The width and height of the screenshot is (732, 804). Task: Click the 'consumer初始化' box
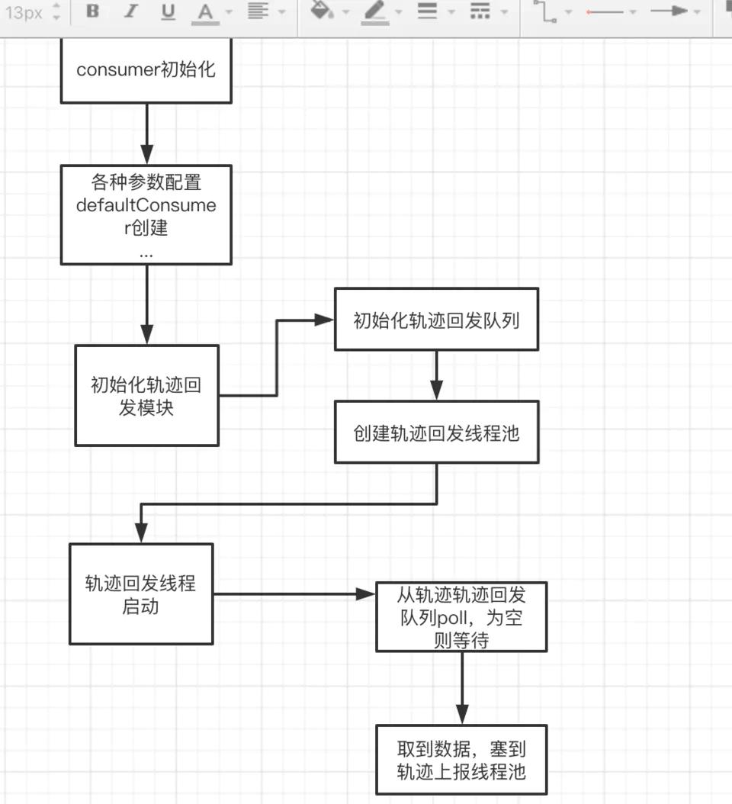pos(146,71)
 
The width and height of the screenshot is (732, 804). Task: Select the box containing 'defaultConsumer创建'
pos(146,214)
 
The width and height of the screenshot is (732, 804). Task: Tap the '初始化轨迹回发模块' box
pos(146,395)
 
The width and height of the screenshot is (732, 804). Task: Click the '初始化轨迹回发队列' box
pos(436,320)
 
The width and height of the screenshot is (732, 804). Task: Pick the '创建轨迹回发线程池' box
pos(436,433)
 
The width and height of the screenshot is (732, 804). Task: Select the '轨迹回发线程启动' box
pos(141,594)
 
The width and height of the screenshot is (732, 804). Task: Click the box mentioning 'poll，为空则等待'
pos(461,616)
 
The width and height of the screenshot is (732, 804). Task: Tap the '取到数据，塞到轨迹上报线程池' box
pos(461,760)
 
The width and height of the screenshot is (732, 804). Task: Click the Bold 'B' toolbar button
pos(93,12)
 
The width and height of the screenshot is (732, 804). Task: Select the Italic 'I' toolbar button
pos(130,12)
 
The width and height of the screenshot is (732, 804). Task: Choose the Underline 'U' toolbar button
pos(168,12)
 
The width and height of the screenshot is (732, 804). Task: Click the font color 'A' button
pos(204,12)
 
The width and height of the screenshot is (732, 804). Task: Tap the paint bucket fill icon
pos(323,11)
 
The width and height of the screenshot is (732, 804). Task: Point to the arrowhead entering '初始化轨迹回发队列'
pos(326,320)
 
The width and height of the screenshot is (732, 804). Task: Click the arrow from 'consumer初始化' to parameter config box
pos(146,133)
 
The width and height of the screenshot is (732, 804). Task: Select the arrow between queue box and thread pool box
pos(436,375)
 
